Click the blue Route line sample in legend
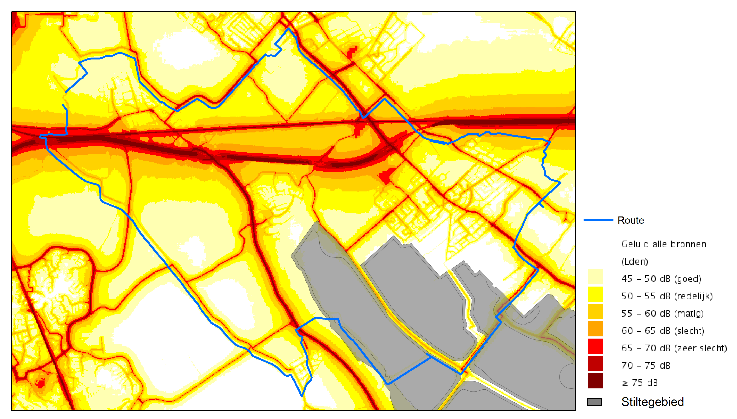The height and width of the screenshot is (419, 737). [598, 220]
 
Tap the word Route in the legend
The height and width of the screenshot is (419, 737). [631, 220]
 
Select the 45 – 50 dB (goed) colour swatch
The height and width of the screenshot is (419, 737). [595, 277]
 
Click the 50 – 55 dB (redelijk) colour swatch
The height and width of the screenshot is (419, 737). [595, 294]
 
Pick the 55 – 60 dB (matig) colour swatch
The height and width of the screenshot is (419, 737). [595, 311]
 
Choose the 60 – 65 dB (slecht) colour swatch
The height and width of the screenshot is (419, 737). [595, 329]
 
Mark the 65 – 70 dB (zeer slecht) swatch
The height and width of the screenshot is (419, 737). [595, 346]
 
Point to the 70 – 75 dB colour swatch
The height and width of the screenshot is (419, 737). [595, 363]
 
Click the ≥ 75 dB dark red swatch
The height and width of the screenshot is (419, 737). [595, 381]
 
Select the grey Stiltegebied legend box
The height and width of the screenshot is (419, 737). [594, 402]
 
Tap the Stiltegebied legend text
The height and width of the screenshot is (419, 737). [652, 402]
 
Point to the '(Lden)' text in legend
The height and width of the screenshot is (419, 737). [634, 262]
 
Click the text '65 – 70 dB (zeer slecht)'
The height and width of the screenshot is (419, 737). [674, 348]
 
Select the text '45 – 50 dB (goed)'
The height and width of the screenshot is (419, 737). [661, 279]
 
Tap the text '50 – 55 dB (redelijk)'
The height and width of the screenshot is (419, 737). [666, 296]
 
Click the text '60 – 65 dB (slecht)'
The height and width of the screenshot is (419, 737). [663, 331]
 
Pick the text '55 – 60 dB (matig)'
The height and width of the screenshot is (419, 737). [662, 313]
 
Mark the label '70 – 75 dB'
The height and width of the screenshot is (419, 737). [646, 366]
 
